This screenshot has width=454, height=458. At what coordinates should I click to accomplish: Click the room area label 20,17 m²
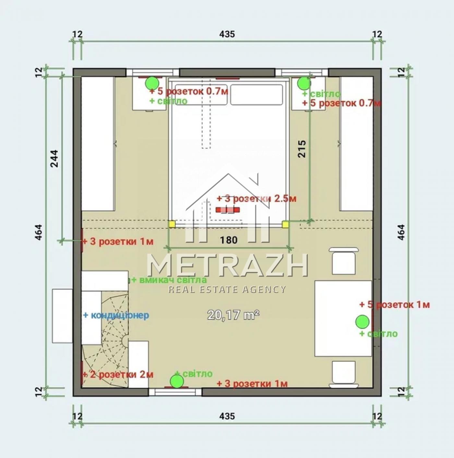pos(233,315)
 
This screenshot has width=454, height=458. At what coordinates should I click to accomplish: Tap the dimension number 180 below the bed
pos(229,240)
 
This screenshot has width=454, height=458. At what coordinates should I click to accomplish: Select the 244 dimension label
pos(54,159)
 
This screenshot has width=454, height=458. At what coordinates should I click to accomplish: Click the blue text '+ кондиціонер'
pos(116,315)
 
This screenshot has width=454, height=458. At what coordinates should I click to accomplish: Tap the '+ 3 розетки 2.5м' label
pos(257,199)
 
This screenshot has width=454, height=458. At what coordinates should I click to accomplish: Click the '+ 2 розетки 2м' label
pos(118,375)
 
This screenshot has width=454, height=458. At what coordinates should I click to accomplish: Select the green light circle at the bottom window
pos(177,381)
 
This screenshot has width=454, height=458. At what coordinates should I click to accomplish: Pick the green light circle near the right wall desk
pos(362,322)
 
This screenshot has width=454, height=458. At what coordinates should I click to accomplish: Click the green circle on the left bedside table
pos(152,83)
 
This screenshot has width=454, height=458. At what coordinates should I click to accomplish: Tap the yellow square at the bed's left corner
pos(172,224)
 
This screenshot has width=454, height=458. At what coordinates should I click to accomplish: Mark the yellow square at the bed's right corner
pos(285,224)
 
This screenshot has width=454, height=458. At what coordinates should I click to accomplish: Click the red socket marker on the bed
pos(228,210)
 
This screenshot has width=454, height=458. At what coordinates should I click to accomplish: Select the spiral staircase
pos(105,341)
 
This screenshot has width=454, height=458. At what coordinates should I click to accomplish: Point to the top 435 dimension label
pos(227,34)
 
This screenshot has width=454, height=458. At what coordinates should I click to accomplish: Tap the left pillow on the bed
pos(201,95)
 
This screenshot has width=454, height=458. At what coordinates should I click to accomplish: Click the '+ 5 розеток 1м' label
pos(395,305)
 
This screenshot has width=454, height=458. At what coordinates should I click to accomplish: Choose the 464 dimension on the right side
pos(401,232)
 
